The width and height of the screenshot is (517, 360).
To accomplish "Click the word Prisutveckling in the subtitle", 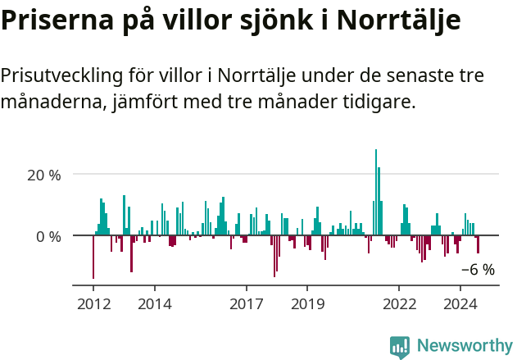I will click(61, 76).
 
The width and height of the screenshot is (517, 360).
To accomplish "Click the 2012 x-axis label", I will click(93, 304).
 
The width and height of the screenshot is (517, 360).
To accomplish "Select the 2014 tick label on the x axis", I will click(155, 304).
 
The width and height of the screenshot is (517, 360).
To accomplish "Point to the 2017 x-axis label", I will click(246, 304).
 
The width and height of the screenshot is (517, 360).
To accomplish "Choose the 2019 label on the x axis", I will click(307, 304).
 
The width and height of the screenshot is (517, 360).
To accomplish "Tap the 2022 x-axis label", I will click(399, 304).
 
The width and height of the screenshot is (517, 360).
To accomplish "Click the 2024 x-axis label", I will click(460, 304).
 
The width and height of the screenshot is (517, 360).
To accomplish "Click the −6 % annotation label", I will click(478, 270).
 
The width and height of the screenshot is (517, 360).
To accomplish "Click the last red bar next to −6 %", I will click(478, 245).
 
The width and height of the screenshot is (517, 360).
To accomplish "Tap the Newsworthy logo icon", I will click(400, 347).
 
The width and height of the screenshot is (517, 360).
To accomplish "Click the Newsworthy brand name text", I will click(464, 347).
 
